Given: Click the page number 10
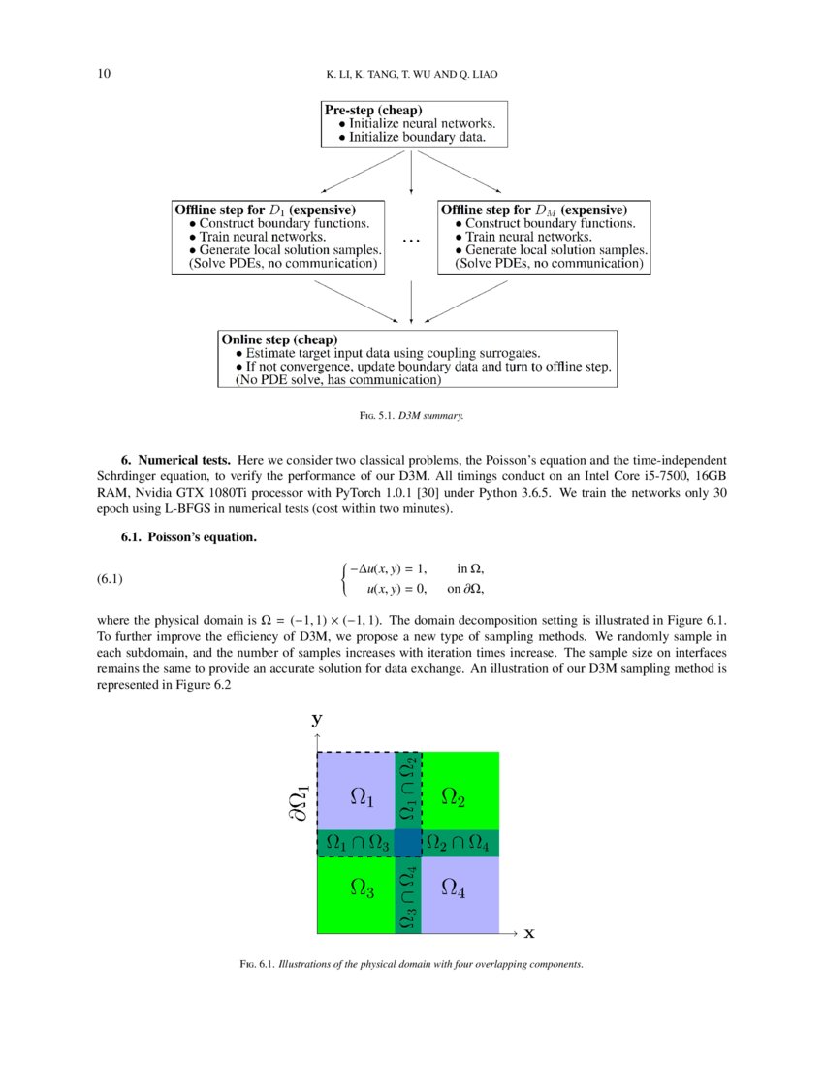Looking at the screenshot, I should [105, 74].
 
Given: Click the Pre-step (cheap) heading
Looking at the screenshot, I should [372, 111].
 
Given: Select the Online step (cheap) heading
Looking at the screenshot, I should [279, 339].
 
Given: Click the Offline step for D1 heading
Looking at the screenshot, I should [265, 210].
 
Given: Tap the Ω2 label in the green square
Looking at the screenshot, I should [454, 798].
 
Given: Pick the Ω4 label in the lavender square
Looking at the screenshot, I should [454, 888].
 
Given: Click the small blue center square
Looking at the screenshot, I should [408, 843].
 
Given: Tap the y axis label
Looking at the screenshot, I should [316, 719].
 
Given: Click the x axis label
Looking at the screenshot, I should [529, 933].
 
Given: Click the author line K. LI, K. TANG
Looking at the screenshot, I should [411, 75].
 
